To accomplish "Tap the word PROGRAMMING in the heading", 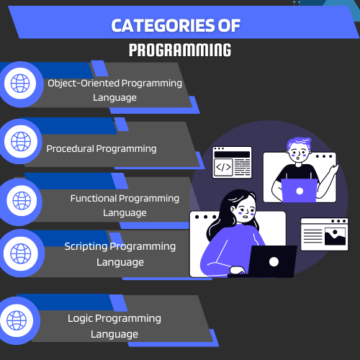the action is [180, 50].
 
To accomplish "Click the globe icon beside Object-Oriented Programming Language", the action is [20, 84].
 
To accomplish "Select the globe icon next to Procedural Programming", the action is [21, 141].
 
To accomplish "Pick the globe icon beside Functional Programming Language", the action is [22, 200].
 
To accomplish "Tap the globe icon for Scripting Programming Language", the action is [21, 253].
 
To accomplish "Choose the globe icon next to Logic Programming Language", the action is [17, 320].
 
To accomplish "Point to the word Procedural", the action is [70, 149].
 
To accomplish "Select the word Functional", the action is [94, 199].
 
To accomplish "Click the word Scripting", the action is [86, 247].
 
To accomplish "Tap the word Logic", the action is [80, 319].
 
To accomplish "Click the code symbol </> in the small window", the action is [223, 167].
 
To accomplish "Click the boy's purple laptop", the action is [300, 191].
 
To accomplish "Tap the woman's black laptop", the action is [271, 261].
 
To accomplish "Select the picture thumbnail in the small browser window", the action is [335, 236].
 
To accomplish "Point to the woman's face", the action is [245, 210].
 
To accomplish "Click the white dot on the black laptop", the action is [274, 262].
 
